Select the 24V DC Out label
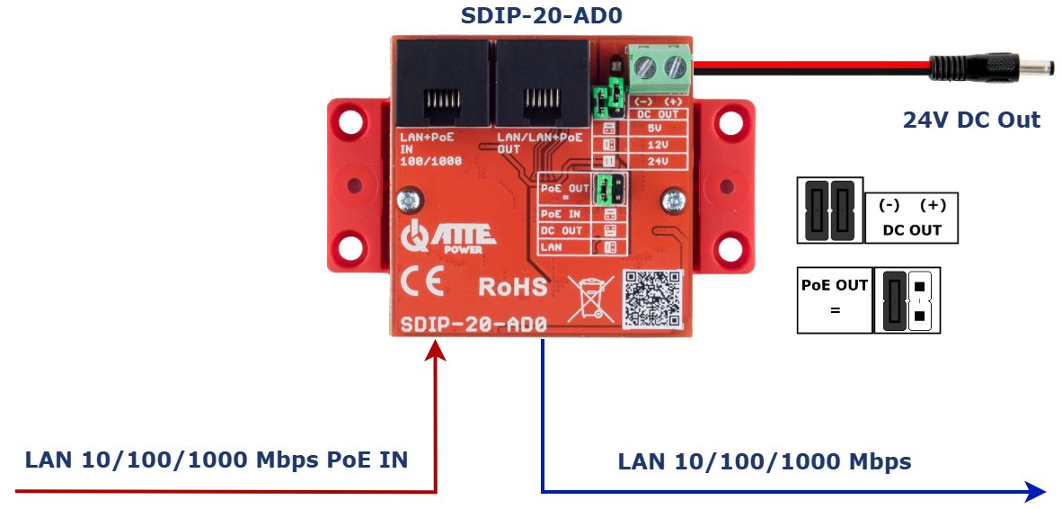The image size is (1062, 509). [x=971, y=120]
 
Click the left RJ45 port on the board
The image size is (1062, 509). [x=444, y=85]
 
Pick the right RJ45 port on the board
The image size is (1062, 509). [x=542, y=85]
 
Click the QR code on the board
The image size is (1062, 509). [x=653, y=298]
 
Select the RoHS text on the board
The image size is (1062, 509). [x=512, y=287]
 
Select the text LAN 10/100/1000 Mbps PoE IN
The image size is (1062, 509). [x=217, y=460]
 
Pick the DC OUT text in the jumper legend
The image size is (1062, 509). [x=912, y=229]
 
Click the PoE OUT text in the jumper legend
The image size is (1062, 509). [x=835, y=285]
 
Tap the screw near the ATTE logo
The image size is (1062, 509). [x=410, y=199]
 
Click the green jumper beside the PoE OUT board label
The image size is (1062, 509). [x=610, y=190]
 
